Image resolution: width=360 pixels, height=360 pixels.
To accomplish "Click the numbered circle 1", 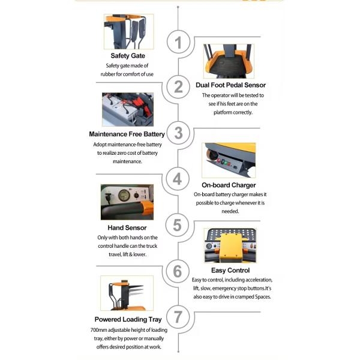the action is point(178,42).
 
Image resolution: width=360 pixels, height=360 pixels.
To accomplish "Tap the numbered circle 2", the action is point(178,87).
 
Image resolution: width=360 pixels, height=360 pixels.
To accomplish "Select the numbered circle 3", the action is point(178,133).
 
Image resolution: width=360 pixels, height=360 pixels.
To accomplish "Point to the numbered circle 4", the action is point(178,179).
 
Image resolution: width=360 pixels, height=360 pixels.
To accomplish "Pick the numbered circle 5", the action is point(177,225).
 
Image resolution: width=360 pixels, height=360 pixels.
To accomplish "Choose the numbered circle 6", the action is point(178,271).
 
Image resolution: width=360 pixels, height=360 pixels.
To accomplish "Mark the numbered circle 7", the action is point(178,317).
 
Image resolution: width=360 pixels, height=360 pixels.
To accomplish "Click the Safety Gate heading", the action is point(128,56).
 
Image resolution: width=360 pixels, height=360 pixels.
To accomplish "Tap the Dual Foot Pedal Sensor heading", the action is point(230,85).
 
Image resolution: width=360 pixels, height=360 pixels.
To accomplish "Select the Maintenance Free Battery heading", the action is point(127,134).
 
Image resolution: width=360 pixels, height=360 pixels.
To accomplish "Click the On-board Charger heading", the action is point(229,185).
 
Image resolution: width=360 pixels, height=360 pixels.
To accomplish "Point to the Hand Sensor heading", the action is point(127,228).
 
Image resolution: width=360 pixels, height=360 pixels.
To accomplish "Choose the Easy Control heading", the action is point(230,271).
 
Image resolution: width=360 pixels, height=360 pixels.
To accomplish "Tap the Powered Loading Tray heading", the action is point(128,320).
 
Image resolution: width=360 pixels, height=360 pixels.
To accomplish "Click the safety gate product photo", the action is point(128,32).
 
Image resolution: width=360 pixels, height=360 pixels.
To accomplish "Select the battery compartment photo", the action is point(128,109).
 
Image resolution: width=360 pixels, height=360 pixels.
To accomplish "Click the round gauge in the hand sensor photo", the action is point(124,196).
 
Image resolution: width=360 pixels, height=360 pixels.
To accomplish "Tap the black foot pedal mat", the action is point(229,65).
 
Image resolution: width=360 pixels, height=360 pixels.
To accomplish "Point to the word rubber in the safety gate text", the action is point(108,74).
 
